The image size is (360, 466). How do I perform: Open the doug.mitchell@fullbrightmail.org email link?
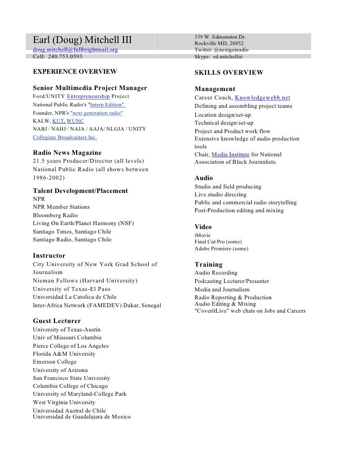[x=75, y=50]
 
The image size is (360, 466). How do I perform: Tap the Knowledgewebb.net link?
[x=262, y=98]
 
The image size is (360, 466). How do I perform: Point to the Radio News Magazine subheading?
[x=67, y=153]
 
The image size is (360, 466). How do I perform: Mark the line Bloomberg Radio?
[x=55, y=215]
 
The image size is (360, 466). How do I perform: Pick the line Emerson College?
[x=55, y=362]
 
